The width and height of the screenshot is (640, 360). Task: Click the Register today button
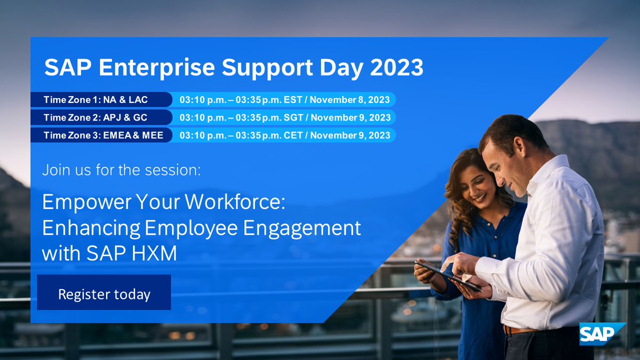(x=104, y=293)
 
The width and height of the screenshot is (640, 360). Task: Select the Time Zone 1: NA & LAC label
(x=95, y=100)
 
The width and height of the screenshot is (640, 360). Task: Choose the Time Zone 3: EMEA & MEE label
(x=101, y=135)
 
